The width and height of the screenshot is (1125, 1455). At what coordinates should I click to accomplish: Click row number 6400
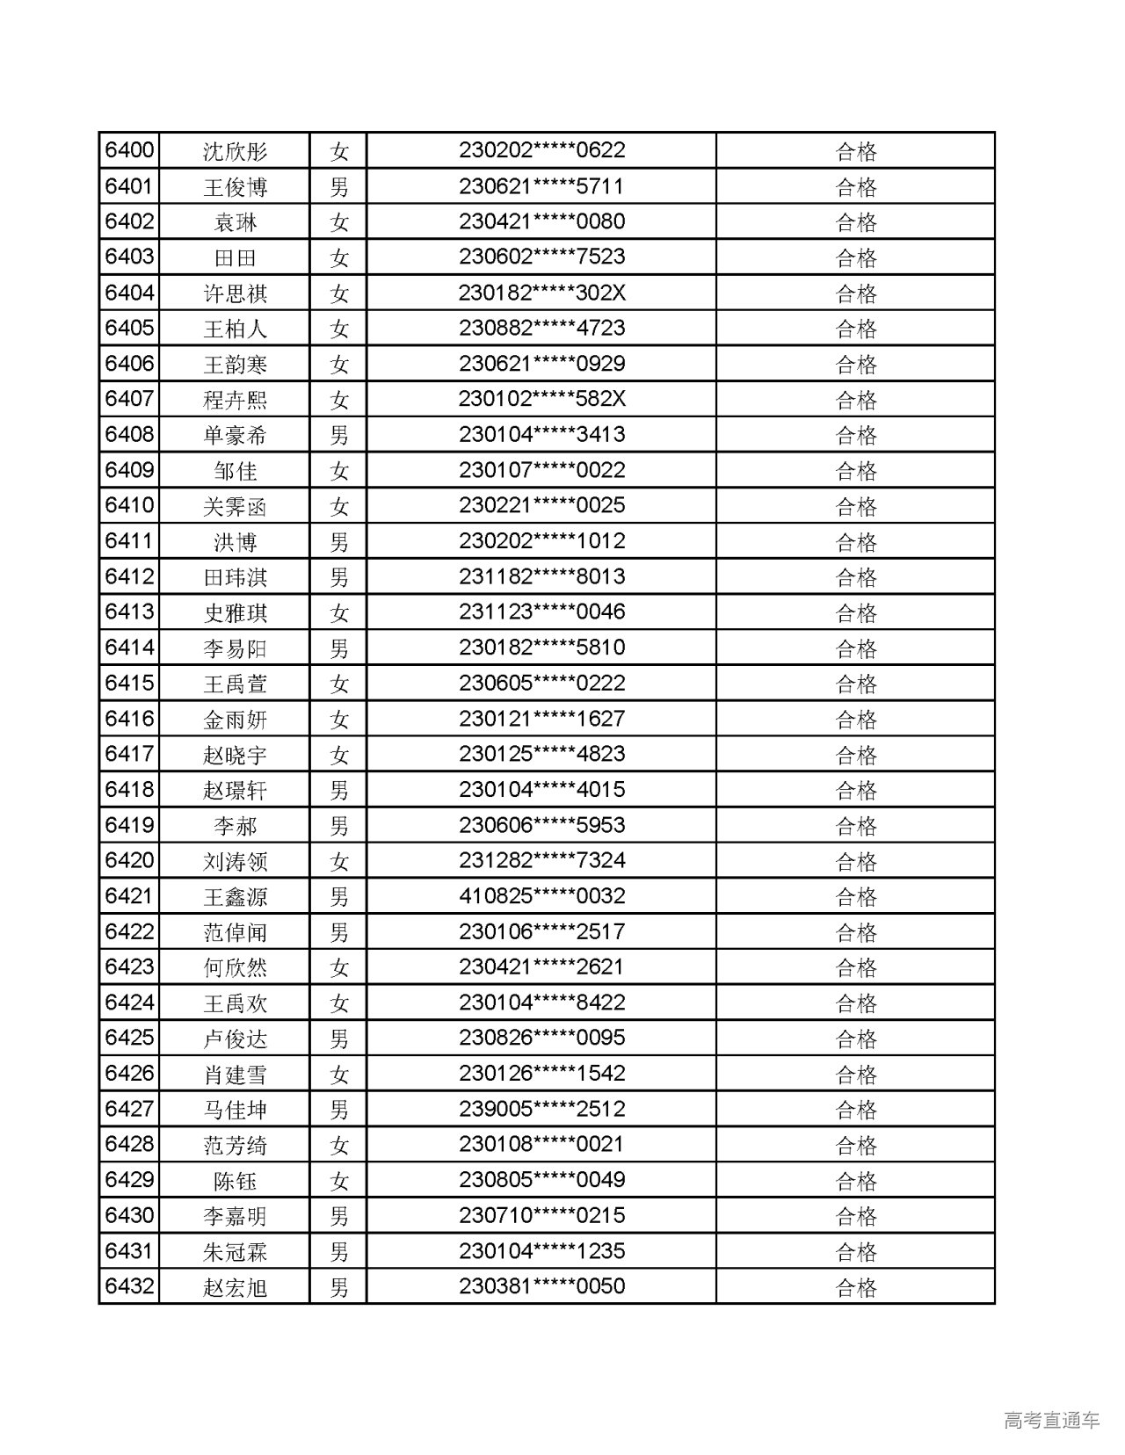(x=129, y=151)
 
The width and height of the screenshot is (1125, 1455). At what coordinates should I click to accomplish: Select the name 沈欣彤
(x=235, y=152)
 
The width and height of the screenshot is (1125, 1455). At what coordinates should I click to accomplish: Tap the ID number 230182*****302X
(x=541, y=293)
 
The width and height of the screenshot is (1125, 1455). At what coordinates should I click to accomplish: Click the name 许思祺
(x=235, y=293)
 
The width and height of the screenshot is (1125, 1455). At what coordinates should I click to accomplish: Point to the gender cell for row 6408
(x=338, y=435)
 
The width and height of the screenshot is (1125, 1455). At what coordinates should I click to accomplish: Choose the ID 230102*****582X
(x=541, y=399)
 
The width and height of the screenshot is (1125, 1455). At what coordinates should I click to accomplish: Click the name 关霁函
(x=235, y=507)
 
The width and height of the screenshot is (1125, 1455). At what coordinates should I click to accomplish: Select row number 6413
(x=129, y=612)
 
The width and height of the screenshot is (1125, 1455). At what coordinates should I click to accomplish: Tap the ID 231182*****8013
(x=541, y=577)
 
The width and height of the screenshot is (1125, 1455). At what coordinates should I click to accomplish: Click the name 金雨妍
(x=235, y=720)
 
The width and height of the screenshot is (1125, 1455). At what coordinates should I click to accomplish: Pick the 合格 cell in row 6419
(x=855, y=826)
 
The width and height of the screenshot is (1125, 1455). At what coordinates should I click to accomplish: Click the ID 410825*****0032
(x=541, y=896)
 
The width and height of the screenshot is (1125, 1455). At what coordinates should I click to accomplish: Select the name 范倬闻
(x=235, y=932)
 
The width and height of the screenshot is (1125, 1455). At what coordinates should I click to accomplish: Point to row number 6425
(x=129, y=1039)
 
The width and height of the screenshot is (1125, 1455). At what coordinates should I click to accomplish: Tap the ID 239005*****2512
(x=541, y=1109)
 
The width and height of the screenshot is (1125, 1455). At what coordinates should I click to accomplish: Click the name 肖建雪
(x=235, y=1075)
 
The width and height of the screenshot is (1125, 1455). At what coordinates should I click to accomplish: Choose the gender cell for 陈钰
(x=338, y=1181)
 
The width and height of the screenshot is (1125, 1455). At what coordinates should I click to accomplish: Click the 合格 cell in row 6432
(x=855, y=1287)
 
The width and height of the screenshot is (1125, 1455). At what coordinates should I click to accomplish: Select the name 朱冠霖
(x=235, y=1252)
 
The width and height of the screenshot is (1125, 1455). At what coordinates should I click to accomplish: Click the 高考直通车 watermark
(x=1051, y=1420)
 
